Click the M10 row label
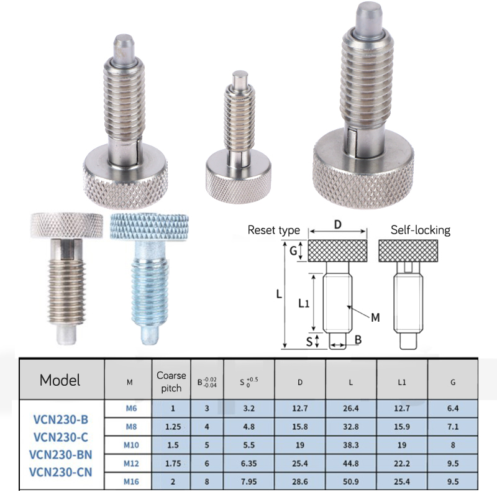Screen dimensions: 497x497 131,445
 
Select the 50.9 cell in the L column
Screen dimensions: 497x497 350,482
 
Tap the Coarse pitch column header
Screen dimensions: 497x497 171,381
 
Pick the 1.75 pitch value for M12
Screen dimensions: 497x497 173,463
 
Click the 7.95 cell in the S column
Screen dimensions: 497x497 249,482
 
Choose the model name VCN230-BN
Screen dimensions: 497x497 60,455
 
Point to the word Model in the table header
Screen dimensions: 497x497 60,380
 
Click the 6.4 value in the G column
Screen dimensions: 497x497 453,408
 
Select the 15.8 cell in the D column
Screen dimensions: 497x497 300,427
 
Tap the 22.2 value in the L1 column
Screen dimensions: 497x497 402,463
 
